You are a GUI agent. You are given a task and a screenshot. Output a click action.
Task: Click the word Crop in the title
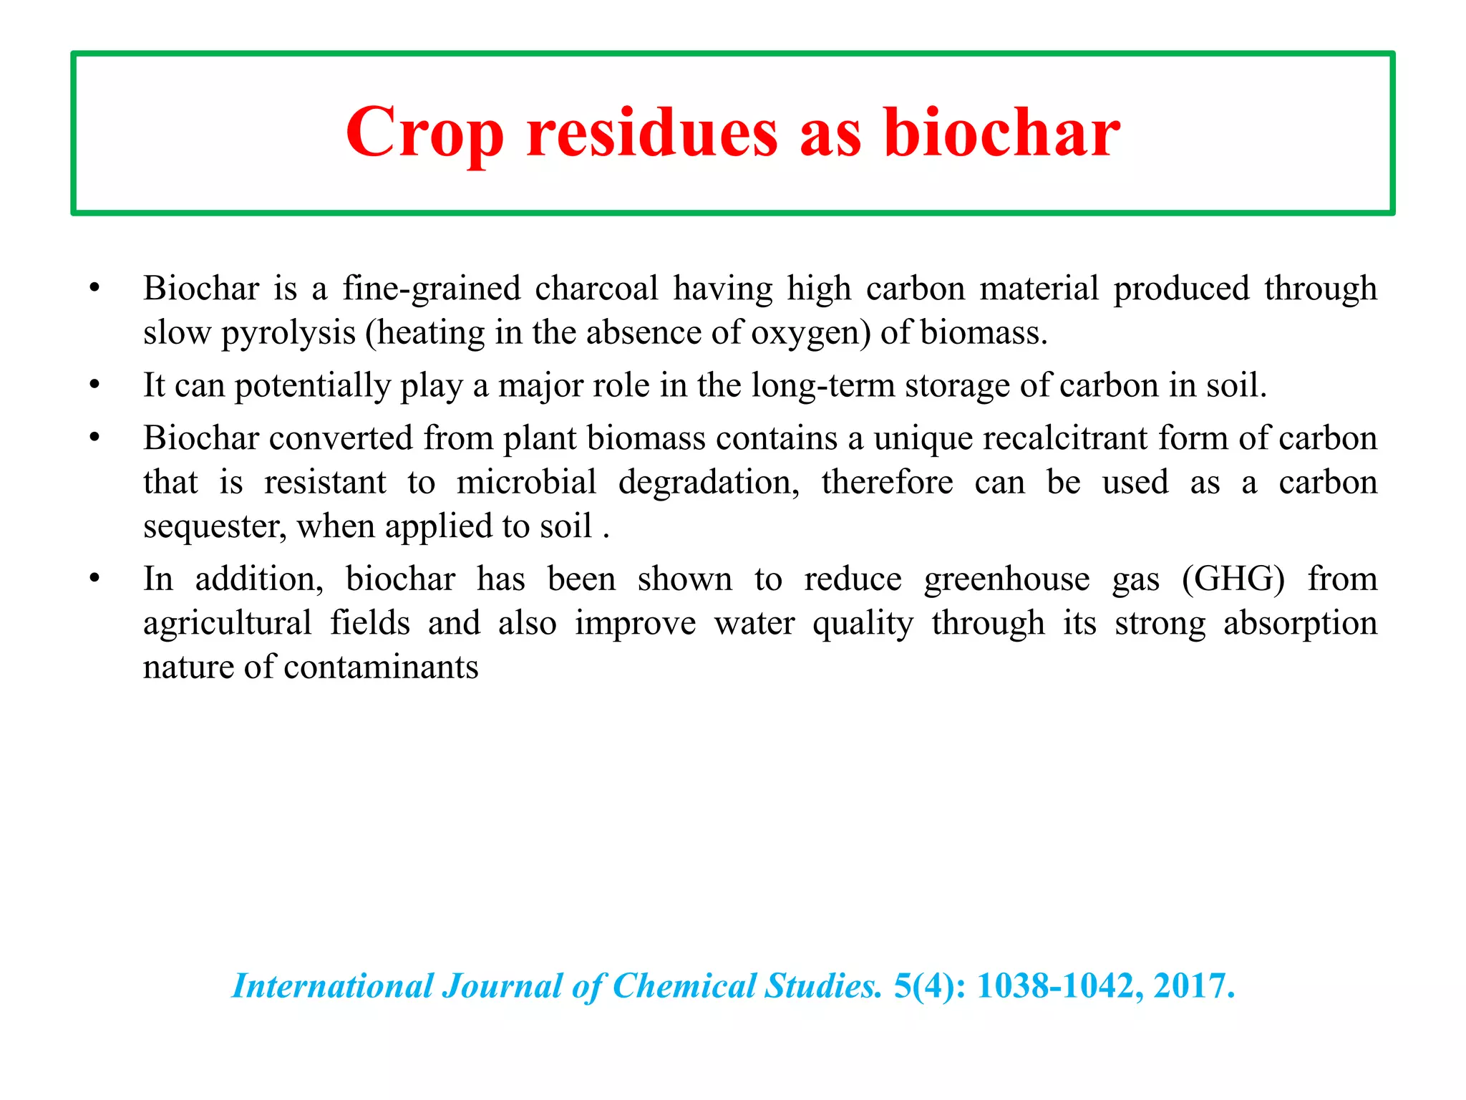pos(424,133)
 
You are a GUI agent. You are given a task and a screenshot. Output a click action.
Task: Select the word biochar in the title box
pos(1001,133)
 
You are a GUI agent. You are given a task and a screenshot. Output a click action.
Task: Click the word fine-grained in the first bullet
pos(432,289)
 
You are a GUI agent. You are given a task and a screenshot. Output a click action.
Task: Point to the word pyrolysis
pos(288,332)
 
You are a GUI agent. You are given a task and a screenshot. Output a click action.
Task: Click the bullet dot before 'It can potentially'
pos(94,385)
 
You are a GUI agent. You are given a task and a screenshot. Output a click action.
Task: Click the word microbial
pos(526,482)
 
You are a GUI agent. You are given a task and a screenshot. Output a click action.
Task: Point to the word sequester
pos(215,526)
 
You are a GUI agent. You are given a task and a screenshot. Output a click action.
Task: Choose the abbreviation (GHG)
pos(1233,579)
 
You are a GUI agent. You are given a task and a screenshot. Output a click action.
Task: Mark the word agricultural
pos(227,623)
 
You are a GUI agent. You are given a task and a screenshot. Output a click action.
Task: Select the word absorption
pos(1300,623)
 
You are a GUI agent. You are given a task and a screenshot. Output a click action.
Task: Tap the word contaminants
pos(381,667)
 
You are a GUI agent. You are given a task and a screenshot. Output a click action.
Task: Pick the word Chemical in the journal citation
pos(684,986)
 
